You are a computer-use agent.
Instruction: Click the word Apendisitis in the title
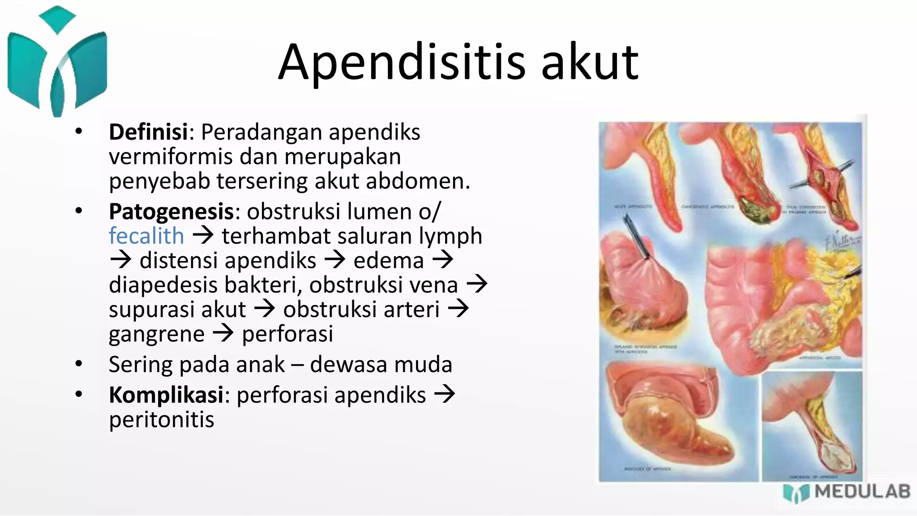[x=402, y=63]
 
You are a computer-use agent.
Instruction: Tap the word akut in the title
[x=590, y=63]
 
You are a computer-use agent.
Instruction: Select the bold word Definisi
[x=148, y=132]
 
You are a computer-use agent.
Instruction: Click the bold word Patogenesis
[x=171, y=211]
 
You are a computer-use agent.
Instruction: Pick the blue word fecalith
[x=146, y=236]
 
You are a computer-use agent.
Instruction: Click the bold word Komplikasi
[x=166, y=395]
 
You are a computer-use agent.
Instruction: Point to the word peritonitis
[x=162, y=420]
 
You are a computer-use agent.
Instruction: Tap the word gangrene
[x=157, y=334]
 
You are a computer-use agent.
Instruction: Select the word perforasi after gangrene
[x=287, y=334]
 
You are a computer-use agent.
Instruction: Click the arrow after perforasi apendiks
[x=445, y=395]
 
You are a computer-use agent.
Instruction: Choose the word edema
[x=388, y=261]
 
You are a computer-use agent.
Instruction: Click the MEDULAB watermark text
[x=862, y=492]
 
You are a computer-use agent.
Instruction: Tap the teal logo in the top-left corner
[x=57, y=63]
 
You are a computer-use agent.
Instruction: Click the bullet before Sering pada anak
[x=79, y=364]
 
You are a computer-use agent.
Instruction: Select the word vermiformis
[x=171, y=157]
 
